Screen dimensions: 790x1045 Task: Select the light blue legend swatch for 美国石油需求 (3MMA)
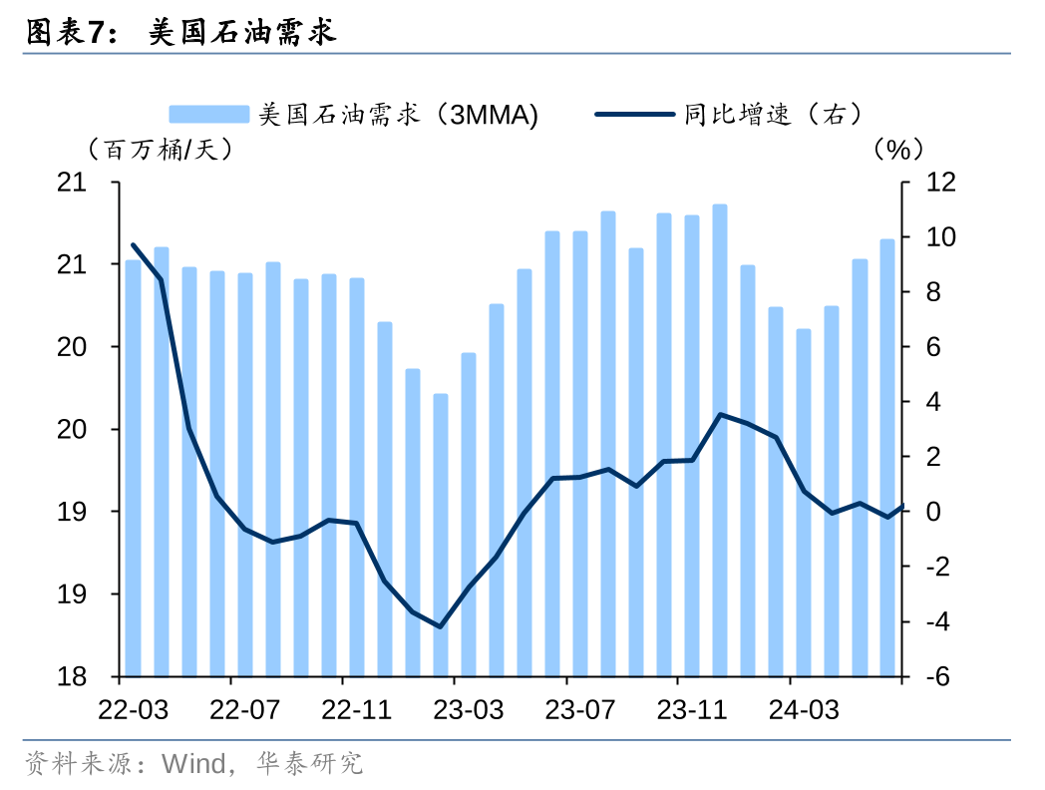tap(208, 115)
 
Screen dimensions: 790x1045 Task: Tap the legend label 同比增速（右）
tap(773, 115)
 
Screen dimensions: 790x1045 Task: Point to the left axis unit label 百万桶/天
tap(160, 150)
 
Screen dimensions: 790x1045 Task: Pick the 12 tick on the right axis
tap(940, 183)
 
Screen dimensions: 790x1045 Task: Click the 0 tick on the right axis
tap(934, 512)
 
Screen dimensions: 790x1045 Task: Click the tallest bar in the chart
tap(720, 439)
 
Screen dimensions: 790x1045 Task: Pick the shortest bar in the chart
tap(440, 534)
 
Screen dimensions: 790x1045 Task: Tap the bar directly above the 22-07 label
tap(244, 474)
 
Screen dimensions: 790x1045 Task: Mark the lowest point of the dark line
tap(440, 626)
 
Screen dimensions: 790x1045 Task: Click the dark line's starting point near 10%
tap(133, 244)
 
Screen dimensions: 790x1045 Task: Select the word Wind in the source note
tap(194, 765)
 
